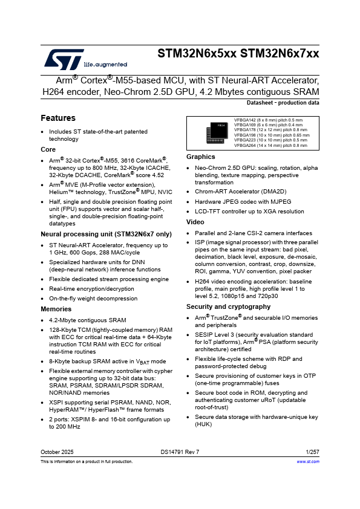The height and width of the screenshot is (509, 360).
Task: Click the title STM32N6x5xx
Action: coord(197,53)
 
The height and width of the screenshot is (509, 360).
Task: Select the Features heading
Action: coord(58,118)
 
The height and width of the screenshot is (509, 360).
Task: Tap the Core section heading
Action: coord(48,149)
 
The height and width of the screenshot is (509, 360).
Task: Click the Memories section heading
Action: coord(56,309)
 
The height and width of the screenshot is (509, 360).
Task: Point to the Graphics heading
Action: coord(200,157)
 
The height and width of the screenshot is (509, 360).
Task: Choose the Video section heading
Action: coord(195,222)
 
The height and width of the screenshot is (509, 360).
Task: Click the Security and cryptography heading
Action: coord(228,306)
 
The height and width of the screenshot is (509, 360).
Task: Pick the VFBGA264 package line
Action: coord(270,145)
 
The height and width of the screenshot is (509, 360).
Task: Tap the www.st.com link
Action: coord(307,461)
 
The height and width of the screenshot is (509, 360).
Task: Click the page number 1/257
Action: coord(312,452)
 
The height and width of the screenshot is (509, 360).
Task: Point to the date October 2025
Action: coord(57,452)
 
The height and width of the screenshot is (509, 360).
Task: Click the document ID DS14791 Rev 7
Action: coord(180,452)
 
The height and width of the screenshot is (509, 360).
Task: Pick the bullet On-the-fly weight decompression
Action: coord(93,298)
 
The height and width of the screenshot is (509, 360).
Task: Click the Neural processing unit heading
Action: coord(106,234)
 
